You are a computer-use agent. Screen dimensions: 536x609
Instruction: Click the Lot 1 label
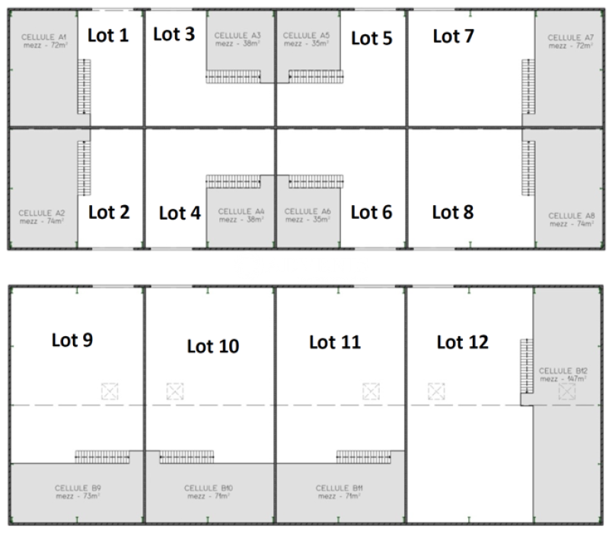109,34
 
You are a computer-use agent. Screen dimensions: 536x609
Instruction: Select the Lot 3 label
174,34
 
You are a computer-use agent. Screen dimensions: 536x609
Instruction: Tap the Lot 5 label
371,38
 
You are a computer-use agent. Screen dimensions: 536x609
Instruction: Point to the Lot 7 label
454,35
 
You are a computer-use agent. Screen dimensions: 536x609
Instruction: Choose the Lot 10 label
213,346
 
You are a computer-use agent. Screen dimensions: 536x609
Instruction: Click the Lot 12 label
462,342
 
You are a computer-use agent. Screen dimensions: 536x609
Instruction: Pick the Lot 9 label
72,339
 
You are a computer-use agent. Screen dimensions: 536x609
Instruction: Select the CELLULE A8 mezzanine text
571,220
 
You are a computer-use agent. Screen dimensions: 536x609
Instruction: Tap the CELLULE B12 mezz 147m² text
563,374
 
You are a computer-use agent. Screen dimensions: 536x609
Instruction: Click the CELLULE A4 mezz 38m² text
241,215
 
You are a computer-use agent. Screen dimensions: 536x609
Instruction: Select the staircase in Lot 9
102,456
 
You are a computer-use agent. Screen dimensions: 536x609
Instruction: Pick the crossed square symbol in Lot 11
371,392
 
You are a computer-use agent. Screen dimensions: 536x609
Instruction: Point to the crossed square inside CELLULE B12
566,392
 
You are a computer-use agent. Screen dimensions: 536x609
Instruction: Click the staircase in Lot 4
234,181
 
